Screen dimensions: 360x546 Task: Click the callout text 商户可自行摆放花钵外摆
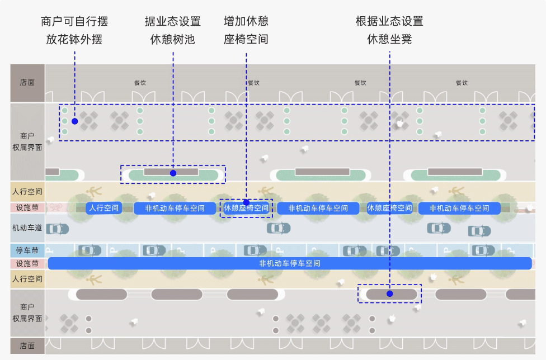click(x=74, y=31)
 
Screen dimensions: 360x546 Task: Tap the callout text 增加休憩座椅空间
click(x=246, y=31)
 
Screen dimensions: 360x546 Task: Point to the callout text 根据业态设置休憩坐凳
click(x=389, y=31)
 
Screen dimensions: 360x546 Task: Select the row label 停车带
click(x=27, y=249)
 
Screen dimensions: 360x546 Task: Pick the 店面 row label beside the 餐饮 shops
click(x=27, y=82)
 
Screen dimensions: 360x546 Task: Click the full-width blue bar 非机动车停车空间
click(x=290, y=263)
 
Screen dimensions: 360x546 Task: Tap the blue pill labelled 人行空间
click(x=104, y=208)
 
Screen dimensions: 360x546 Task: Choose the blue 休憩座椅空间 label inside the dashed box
click(x=246, y=209)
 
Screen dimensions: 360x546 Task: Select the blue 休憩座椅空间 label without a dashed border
click(x=389, y=208)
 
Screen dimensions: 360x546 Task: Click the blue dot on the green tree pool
click(x=173, y=173)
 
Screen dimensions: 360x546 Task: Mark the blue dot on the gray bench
click(x=390, y=293)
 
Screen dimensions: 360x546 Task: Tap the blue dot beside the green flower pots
click(x=74, y=121)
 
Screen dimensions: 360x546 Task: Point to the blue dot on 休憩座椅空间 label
click(x=246, y=202)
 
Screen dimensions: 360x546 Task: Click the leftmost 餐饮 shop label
click(x=140, y=83)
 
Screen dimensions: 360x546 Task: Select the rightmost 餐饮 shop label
click(x=462, y=83)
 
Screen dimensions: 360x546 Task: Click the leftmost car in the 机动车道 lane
click(x=57, y=229)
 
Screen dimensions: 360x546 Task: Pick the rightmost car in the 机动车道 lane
click(x=479, y=230)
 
